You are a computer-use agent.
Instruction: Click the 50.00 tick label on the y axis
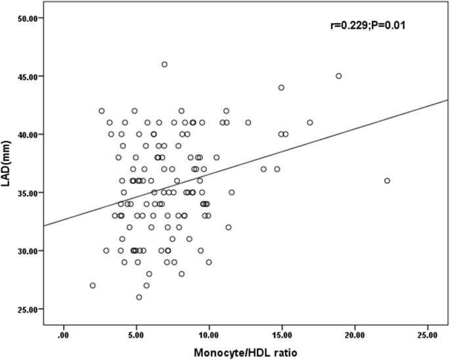(x=34, y=18)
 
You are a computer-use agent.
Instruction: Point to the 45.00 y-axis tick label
(x=34, y=76)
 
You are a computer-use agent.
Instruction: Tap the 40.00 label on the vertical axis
(x=34, y=134)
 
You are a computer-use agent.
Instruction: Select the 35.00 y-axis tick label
(x=34, y=192)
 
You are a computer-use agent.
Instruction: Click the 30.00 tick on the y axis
(x=34, y=250)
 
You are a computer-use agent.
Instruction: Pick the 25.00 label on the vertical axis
(x=34, y=309)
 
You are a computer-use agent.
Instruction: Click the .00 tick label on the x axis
(x=64, y=334)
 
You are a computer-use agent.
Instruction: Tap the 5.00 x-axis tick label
(x=137, y=334)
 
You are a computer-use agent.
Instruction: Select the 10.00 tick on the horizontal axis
(x=210, y=334)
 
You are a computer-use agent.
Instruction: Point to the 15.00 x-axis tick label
(x=282, y=334)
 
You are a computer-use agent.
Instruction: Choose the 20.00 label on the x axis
(x=355, y=334)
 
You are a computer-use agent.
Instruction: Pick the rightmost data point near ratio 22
(x=387, y=181)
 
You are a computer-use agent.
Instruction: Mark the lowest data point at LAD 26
(x=139, y=297)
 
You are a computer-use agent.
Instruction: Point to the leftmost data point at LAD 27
(x=93, y=285)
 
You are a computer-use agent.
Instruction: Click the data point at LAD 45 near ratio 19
(x=339, y=76)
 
